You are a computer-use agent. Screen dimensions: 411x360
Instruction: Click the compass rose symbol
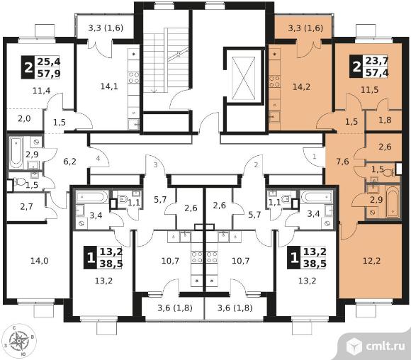click(x=19, y=341)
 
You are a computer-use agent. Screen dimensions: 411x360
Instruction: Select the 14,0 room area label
click(x=39, y=261)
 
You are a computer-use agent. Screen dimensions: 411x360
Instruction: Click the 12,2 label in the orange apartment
click(x=372, y=261)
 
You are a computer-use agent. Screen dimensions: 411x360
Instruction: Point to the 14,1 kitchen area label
click(x=109, y=86)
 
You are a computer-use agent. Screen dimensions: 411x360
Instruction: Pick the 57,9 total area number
click(x=49, y=74)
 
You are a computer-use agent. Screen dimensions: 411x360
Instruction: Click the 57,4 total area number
click(x=377, y=72)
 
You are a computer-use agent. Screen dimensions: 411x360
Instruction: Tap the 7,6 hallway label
click(x=342, y=162)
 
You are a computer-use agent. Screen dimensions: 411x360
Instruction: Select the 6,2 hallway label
click(x=70, y=162)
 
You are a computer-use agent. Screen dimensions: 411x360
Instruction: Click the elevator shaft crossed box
click(x=244, y=79)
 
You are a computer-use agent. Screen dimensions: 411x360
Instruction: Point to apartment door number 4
click(x=98, y=158)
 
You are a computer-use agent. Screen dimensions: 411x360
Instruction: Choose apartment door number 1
click(x=315, y=157)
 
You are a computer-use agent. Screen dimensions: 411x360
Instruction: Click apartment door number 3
click(x=155, y=165)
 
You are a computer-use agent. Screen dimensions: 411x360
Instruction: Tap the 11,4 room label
click(x=42, y=91)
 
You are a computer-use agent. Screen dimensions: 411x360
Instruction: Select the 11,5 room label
click(x=370, y=90)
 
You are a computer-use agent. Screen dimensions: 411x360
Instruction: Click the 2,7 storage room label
click(x=26, y=207)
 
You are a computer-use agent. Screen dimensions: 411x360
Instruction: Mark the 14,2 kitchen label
click(x=301, y=86)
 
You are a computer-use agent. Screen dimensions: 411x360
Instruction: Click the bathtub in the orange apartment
click(x=393, y=202)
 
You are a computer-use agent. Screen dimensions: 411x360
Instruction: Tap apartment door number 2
click(x=256, y=164)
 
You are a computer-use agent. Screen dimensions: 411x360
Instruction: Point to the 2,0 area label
click(x=24, y=119)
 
